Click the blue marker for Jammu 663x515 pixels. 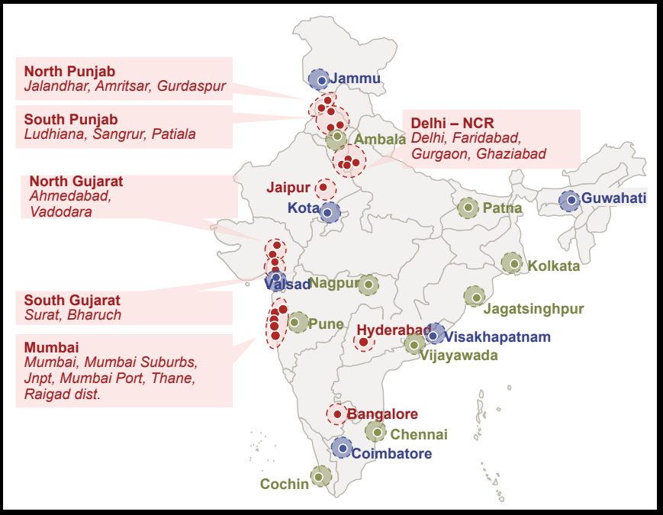321,80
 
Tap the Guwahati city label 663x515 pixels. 613,198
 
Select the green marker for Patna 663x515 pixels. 468,207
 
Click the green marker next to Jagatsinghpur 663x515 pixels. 474,297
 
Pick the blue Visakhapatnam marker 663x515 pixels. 433,335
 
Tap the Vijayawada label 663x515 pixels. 459,355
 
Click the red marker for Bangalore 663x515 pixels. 337,414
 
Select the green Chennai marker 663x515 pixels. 375,432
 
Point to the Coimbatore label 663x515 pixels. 391,453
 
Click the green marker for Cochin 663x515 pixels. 320,477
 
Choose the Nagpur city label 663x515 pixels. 334,284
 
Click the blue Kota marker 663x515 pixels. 329,211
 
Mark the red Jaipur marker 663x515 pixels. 323,188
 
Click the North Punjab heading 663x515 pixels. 69,72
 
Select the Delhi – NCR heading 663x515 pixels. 452,123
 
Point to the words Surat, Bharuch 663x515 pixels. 72,315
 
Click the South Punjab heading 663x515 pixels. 71,120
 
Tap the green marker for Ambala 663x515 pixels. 336,140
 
